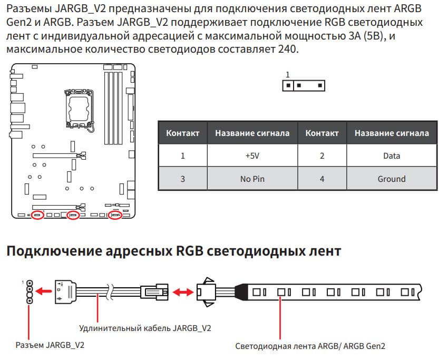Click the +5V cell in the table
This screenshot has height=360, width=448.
point(252,155)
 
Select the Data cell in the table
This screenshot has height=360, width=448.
point(392,155)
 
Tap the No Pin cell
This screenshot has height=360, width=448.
point(252,179)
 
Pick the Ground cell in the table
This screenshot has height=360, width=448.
point(392,179)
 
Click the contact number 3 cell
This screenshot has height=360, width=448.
point(183,179)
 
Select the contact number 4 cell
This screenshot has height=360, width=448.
point(322,179)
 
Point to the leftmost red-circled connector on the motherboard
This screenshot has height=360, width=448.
point(37,215)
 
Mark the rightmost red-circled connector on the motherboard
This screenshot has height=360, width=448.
point(115,215)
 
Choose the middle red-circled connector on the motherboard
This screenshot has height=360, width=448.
point(73,215)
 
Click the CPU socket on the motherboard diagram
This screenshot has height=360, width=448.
point(79,109)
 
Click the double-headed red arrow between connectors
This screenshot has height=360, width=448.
point(183,292)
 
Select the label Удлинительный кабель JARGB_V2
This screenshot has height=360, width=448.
point(145,328)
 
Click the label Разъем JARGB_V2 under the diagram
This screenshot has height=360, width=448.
point(50,345)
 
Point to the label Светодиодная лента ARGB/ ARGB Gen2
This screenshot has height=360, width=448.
point(310,346)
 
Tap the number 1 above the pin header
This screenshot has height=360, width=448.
point(287,74)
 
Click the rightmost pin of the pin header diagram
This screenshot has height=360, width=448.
point(320,85)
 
